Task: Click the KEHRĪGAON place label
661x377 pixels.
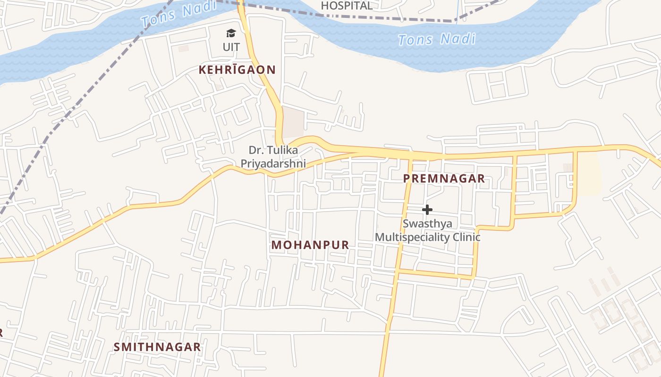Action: coord(237,70)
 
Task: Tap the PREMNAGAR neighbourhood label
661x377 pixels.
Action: coord(444,178)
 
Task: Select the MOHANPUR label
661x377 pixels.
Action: coord(310,245)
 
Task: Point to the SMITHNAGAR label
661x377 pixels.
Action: coord(157,347)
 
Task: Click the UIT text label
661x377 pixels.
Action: coord(231,47)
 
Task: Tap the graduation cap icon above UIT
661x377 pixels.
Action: coord(231,33)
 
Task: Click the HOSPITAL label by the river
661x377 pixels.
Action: coord(347,6)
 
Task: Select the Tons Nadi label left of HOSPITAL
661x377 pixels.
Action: coord(178,14)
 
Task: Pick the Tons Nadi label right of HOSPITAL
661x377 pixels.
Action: coord(436,39)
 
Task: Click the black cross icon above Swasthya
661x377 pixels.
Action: coord(427,209)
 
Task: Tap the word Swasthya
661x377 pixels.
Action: coord(427,223)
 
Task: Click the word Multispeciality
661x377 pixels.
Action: coord(412,237)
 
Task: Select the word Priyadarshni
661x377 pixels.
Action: coord(273,164)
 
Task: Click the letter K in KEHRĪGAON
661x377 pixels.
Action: coord(203,70)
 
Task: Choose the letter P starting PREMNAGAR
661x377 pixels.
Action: coord(407,178)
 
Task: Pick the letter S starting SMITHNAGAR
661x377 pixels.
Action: coord(117,347)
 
